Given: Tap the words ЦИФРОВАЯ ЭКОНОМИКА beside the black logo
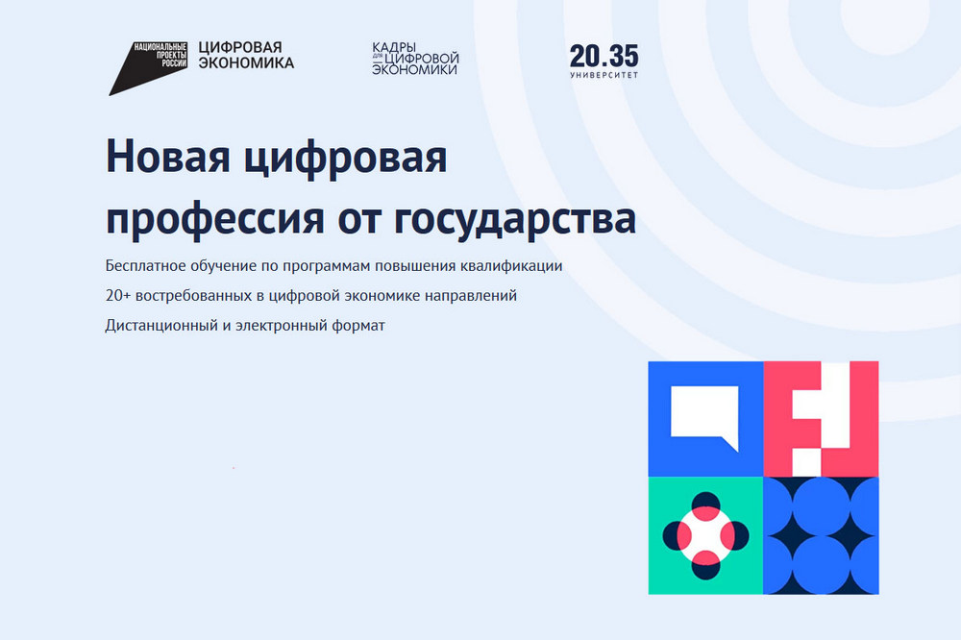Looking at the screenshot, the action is coord(246,55).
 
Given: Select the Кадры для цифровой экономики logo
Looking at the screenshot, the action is coord(415,59).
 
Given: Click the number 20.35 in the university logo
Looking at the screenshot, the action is coord(604,57).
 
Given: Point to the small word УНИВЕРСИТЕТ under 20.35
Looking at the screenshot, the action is coord(604,75).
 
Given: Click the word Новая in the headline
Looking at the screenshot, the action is coord(168,157).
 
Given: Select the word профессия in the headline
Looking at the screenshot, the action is coord(214,219).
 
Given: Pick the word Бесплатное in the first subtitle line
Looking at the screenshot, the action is coord(146,266).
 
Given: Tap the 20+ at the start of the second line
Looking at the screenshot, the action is coord(118,295).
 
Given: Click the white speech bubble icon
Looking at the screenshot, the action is coord(704,415).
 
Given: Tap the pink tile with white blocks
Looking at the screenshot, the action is coord(822,419).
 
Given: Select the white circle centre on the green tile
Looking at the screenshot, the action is coord(705,535).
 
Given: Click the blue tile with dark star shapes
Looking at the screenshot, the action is coord(822,535).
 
